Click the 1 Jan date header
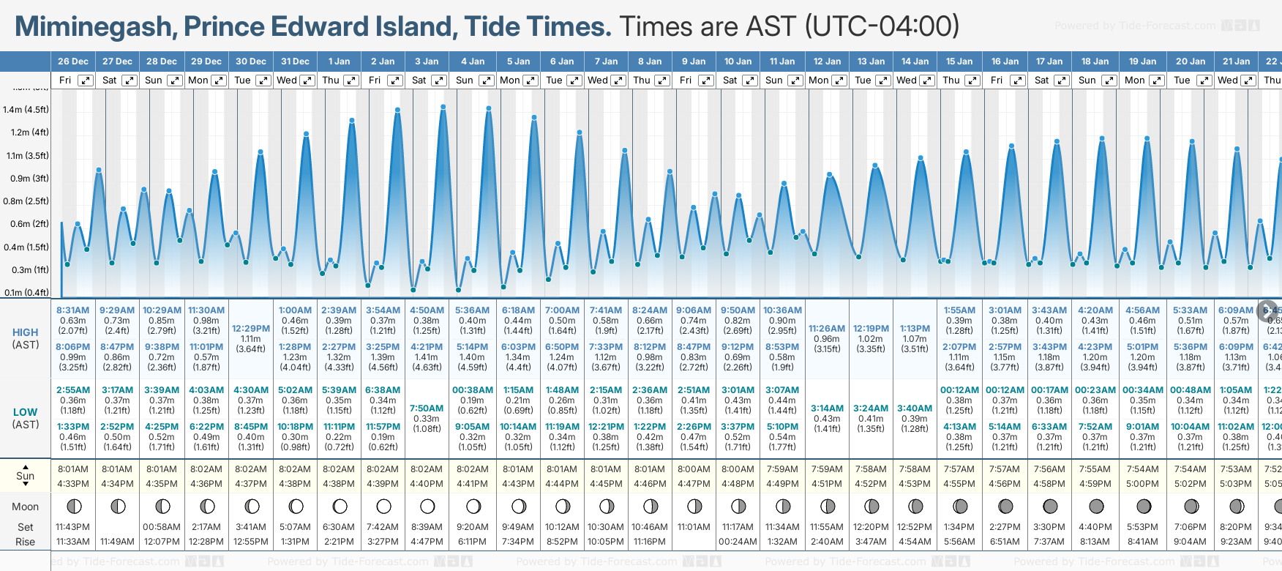click(339, 61)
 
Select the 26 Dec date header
click(73, 61)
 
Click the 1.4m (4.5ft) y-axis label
click(26, 110)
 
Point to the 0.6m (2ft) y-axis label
click(26, 224)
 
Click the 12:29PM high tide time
click(251, 329)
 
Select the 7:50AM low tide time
click(427, 408)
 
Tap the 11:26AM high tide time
click(827, 329)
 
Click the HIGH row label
click(26, 332)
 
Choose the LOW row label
click(26, 412)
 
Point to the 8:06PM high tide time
click(73, 347)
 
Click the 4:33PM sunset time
click(73, 484)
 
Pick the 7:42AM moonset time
click(383, 527)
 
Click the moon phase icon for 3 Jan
click(427, 506)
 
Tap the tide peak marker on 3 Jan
click(443, 107)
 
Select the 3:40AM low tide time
click(915, 408)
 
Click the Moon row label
click(26, 507)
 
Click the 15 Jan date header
click(959, 61)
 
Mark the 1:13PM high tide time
click(915, 329)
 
